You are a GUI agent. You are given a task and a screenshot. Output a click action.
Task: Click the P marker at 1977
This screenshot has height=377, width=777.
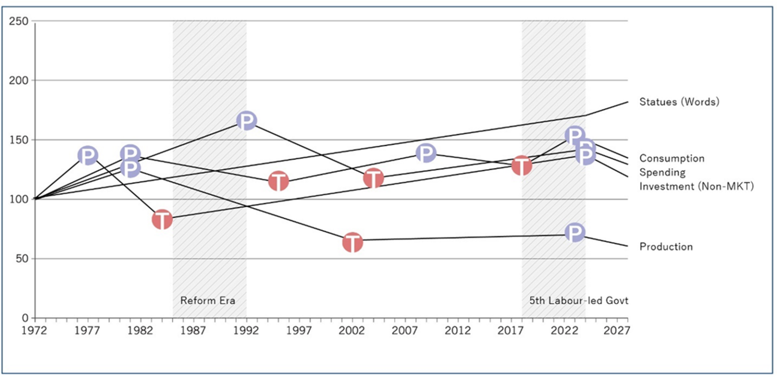[x=88, y=155]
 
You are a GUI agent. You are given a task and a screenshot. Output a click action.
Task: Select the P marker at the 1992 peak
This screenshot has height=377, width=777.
[x=247, y=120]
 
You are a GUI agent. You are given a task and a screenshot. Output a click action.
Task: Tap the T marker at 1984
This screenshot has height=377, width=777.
[x=162, y=219]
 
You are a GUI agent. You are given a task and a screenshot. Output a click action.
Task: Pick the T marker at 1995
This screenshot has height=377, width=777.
[x=279, y=181]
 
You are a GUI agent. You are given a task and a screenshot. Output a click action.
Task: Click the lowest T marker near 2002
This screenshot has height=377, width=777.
[x=353, y=242]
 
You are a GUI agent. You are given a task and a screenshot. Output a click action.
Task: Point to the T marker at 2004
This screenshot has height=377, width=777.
[x=373, y=178]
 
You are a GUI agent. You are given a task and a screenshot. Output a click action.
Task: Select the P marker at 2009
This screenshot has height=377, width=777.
[x=426, y=153]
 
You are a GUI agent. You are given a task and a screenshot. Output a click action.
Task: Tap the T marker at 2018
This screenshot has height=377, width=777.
[x=522, y=166]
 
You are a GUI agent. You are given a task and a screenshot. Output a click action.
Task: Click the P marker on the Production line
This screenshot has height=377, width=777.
[x=575, y=233]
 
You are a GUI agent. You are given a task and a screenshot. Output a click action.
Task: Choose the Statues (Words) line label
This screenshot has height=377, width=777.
[x=679, y=102]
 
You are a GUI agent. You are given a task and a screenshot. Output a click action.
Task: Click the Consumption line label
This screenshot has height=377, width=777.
[x=672, y=158]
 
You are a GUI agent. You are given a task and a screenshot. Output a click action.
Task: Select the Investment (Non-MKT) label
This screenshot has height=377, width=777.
[x=696, y=186]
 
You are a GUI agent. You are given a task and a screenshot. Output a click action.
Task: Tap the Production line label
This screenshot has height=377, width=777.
[x=666, y=246]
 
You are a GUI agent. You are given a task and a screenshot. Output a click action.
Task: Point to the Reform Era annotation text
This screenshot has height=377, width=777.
[x=208, y=300]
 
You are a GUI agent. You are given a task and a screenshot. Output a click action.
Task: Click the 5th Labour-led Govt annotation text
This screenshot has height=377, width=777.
[x=578, y=300]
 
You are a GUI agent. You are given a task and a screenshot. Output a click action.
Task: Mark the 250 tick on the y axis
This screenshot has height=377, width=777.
[x=19, y=21]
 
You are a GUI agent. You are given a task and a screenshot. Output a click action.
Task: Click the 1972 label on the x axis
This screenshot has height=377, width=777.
[x=35, y=331]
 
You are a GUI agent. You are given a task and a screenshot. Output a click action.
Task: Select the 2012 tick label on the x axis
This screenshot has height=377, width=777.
[x=458, y=331]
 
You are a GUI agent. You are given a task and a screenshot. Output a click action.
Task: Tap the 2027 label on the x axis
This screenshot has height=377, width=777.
[x=617, y=331]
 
